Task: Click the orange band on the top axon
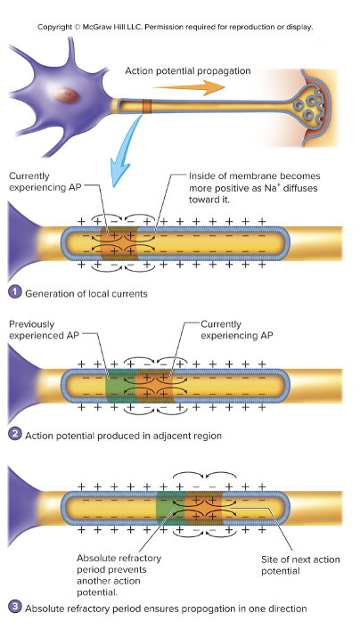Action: pos(147,108)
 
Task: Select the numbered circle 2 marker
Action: pos(14,436)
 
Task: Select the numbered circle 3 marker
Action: pos(14,608)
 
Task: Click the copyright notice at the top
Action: pos(176,27)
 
